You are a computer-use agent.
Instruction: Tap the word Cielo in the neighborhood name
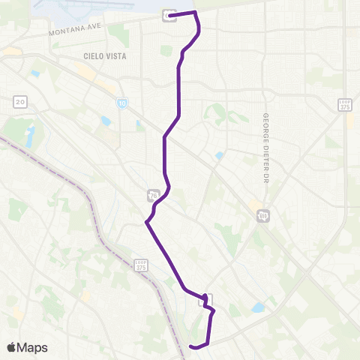click(x=93, y=56)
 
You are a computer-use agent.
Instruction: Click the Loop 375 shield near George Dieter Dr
click(x=344, y=104)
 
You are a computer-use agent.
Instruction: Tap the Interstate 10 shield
click(x=121, y=103)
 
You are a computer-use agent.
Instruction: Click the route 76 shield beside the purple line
click(x=153, y=196)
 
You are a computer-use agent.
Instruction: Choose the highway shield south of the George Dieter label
click(x=263, y=216)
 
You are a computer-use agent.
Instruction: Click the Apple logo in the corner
click(x=12, y=347)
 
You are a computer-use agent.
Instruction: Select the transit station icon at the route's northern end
click(x=170, y=15)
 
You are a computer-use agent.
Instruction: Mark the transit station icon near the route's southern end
click(x=205, y=300)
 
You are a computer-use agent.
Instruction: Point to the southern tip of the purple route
click(x=192, y=346)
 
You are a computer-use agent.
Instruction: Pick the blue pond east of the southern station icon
click(x=259, y=307)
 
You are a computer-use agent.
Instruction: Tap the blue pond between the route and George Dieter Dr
click(x=219, y=156)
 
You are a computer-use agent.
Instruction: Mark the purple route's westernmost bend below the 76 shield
click(x=146, y=222)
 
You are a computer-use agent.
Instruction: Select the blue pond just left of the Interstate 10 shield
click(x=106, y=120)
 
